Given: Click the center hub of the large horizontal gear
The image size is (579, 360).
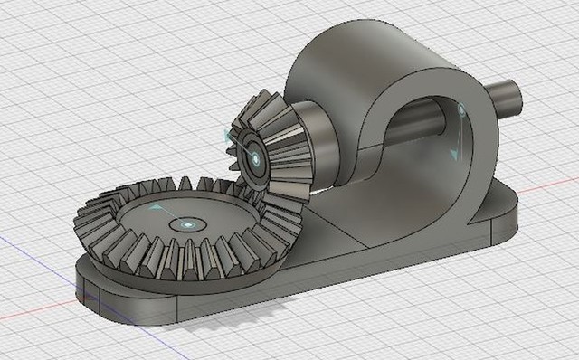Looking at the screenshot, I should tap(187, 223).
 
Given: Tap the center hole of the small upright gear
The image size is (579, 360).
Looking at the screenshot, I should tap(255, 159).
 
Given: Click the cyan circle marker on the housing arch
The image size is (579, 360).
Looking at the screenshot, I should tap(461, 110).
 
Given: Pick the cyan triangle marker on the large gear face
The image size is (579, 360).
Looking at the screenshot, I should tap(156, 208).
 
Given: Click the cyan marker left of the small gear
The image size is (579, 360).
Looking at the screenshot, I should tap(226, 135).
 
